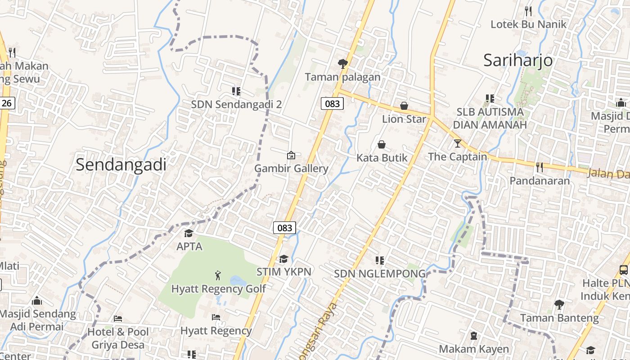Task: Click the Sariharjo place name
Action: click(518, 60)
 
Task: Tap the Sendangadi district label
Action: click(121, 164)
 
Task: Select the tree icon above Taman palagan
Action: click(343, 64)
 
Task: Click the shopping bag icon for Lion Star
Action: click(404, 106)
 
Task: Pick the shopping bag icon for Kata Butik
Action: click(382, 144)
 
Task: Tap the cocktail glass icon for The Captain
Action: click(458, 144)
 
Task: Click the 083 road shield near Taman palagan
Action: click(333, 104)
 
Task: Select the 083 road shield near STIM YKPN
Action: click(284, 228)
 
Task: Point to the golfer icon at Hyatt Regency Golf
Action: click(218, 275)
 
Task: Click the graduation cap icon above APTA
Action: click(189, 233)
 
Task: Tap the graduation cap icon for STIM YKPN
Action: click(283, 259)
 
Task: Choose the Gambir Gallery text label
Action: click(291, 169)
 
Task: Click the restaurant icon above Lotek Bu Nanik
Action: click(528, 11)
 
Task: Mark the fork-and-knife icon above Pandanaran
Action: click(540, 167)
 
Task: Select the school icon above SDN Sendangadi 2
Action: click(236, 91)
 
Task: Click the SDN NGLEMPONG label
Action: click(379, 274)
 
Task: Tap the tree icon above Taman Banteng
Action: click(559, 305)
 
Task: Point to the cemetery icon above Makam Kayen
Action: click(473, 335)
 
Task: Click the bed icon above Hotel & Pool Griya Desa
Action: click(118, 319)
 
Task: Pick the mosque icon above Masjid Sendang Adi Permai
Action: click(37, 300)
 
